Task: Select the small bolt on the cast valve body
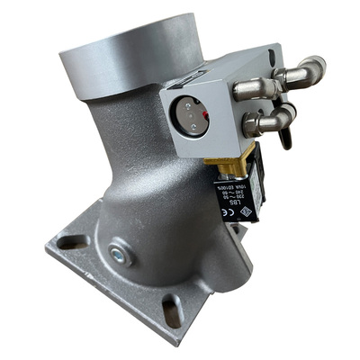tap(120, 255)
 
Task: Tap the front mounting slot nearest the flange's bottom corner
tap(172, 311)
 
